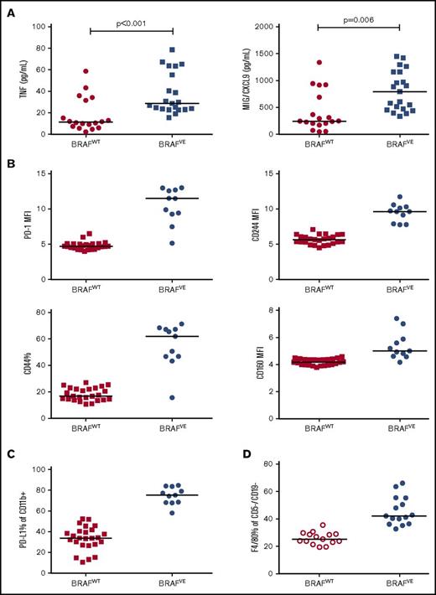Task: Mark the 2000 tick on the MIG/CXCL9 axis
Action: point(267,27)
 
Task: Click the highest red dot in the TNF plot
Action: point(86,71)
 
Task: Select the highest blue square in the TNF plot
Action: point(148,50)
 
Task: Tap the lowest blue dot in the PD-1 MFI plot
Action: point(148,243)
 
